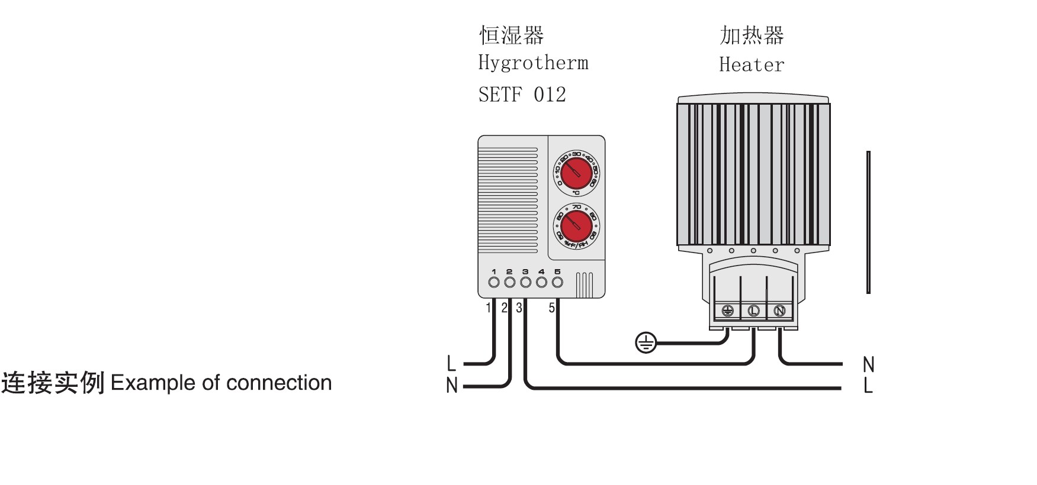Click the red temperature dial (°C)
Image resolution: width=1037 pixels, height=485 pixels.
click(576, 173)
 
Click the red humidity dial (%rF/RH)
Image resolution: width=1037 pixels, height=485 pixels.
click(576, 226)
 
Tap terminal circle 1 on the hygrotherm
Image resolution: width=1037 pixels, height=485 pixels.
click(493, 282)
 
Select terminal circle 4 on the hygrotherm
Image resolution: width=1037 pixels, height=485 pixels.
click(541, 282)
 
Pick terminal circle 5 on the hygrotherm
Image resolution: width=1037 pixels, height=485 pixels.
click(557, 282)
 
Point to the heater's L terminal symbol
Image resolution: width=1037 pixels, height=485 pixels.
click(753, 311)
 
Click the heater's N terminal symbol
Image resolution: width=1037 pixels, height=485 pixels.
click(779, 311)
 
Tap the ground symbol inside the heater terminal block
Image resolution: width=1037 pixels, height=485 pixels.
click(727, 311)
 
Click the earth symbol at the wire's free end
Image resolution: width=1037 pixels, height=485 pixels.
click(646, 342)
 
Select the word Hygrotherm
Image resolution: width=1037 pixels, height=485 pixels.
click(533, 63)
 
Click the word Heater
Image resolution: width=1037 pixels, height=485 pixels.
click(752, 64)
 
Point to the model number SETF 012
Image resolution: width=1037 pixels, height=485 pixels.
click(522, 95)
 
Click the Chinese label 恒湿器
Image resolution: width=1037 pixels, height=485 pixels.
click(511, 35)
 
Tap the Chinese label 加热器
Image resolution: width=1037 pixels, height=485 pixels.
click(752, 35)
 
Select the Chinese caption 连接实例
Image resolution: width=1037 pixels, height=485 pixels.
click(53, 383)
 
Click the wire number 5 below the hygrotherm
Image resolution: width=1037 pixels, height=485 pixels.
click(551, 308)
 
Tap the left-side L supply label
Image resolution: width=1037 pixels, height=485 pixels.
click(451, 363)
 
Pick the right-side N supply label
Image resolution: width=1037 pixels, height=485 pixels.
click(868, 364)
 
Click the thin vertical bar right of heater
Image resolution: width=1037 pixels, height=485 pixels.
click(868, 222)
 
